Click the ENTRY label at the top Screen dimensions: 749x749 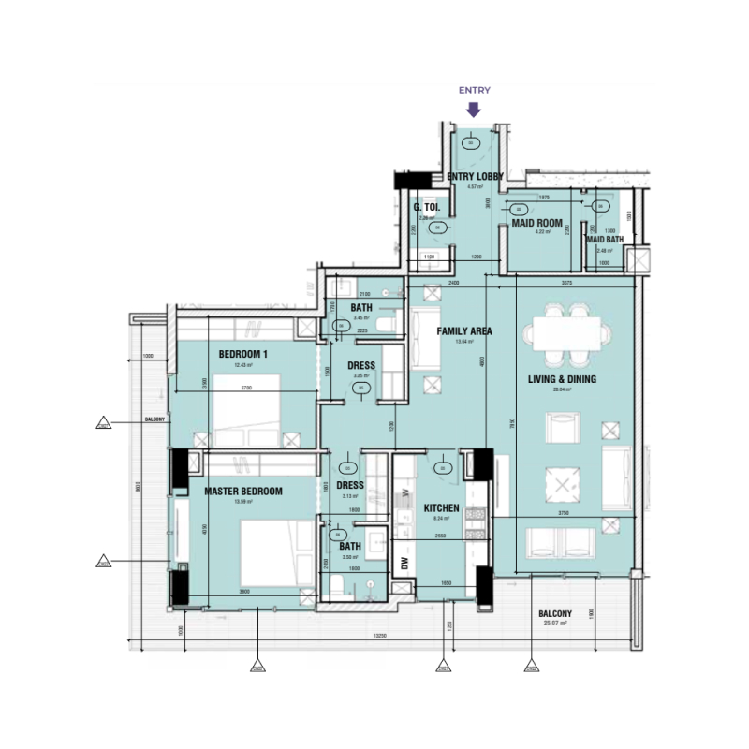pos(474,90)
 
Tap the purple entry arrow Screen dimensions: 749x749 pos(474,108)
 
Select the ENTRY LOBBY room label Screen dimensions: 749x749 pos(475,176)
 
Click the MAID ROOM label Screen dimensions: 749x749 pos(536,223)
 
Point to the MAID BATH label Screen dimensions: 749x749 pos(604,241)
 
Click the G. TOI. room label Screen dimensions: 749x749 pos(427,208)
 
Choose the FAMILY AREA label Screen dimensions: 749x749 pos(463,331)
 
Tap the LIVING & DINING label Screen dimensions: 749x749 pos(562,379)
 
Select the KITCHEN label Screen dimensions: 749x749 pos(441,508)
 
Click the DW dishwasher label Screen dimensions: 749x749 pos(404,563)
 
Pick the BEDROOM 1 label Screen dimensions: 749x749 pos(243,354)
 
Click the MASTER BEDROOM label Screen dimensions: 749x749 pos(243,491)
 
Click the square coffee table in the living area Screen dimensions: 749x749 pos(562,484)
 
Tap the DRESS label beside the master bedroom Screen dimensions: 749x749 pos(350,486)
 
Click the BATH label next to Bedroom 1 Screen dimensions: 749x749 pos(361,307)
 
